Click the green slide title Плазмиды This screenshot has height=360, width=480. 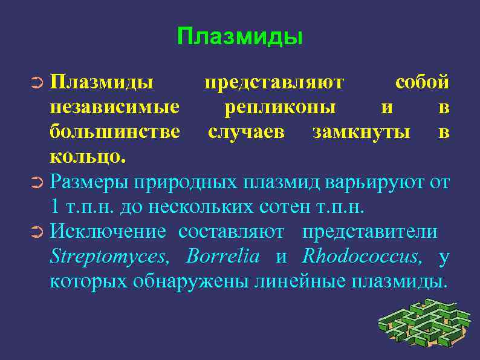[240, 37]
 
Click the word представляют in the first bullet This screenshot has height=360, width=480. [274, 82]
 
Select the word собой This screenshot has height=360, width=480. [421, 82]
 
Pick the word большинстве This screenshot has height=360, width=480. [115, 132]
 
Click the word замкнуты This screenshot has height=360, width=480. [361, 132]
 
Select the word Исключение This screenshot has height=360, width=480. [108, 232]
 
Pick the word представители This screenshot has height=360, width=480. [369, 232]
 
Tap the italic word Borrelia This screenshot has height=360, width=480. [224, 257]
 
